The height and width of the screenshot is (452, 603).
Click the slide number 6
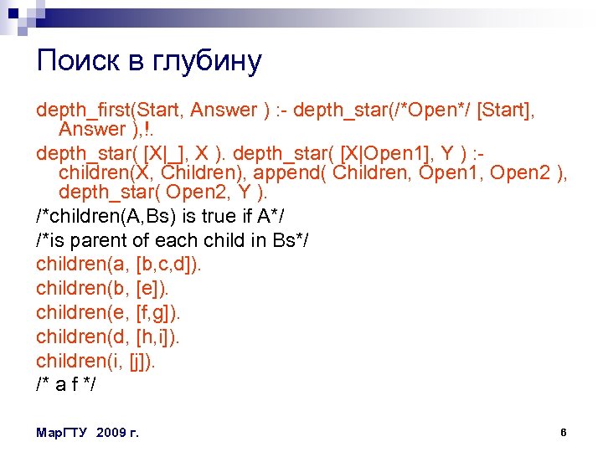coord(564,433)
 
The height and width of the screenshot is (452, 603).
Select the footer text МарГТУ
coord(64,433)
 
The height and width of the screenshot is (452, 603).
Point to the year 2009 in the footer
coord(113,433)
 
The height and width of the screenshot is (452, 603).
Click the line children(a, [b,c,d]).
coord(119,265)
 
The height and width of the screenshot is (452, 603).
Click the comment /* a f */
coord(66,385)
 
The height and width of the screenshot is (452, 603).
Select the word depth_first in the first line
coord(80,110)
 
